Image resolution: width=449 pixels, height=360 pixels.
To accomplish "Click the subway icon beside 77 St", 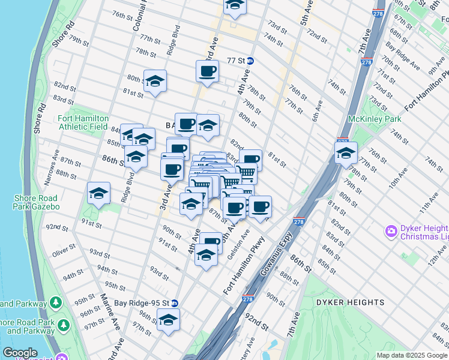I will point(250,61).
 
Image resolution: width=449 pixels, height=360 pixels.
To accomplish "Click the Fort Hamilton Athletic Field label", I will point(83,123).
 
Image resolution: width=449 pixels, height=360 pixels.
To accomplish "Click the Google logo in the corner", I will point(20,353).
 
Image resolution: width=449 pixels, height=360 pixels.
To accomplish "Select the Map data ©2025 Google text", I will point(412,355).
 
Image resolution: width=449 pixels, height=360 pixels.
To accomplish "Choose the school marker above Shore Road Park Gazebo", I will point(98,193).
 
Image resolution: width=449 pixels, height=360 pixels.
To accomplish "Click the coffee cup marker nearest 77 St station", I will point(207,71).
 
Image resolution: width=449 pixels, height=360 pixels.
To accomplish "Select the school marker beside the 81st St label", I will point(155,82).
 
